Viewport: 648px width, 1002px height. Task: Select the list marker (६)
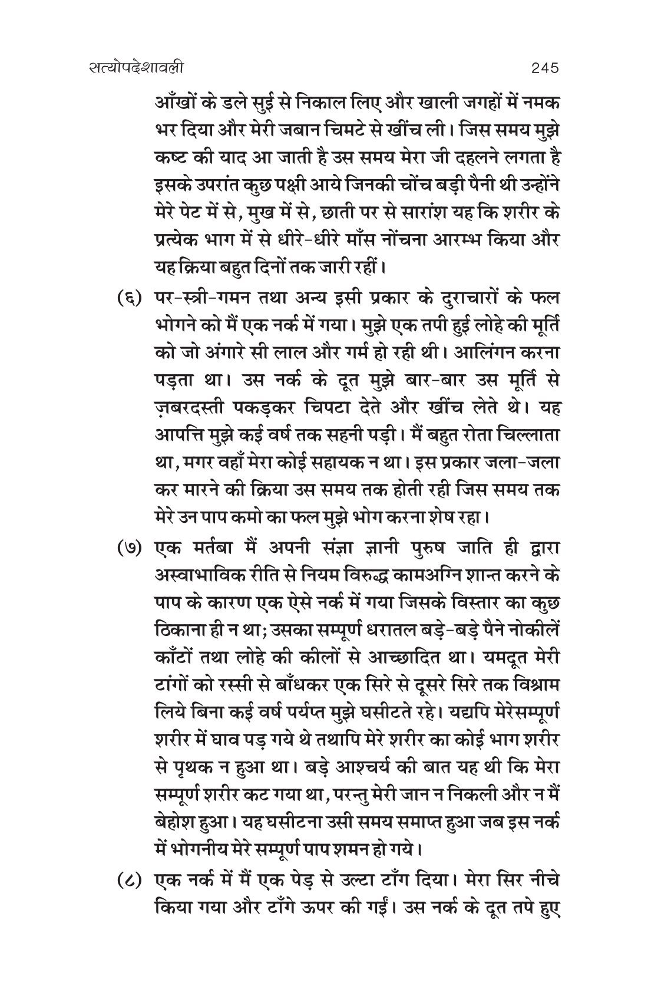tap(130, 297)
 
